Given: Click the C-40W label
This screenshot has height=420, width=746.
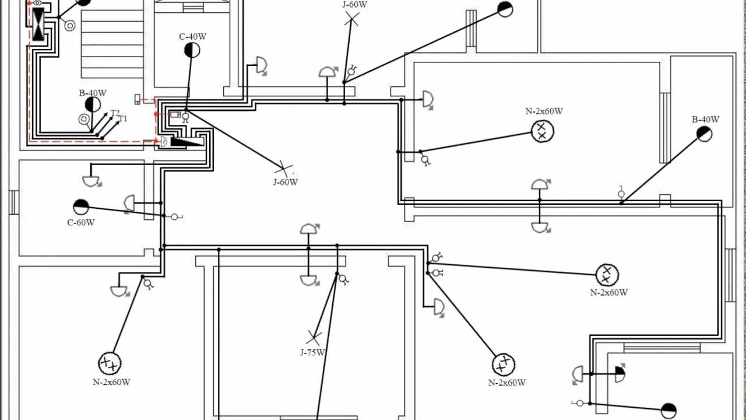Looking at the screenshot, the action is click(192, 36).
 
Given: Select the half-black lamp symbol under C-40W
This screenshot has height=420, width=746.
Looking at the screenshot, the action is click(192, 50).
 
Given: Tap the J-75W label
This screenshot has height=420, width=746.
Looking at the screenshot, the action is click(312, 352).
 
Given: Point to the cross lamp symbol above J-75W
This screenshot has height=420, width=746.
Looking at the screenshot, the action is click(314, 338).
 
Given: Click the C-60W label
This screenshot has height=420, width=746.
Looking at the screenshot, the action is click(80, 222).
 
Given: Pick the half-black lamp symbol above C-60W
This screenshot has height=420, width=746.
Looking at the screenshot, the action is click(81, 207).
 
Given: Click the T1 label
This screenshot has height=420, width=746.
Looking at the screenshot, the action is click(123, 118).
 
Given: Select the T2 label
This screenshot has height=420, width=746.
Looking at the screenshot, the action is click(115, 113).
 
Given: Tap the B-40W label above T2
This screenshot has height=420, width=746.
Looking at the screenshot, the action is click(93, 93).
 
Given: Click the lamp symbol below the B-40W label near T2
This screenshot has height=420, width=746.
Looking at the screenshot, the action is click(93, 104).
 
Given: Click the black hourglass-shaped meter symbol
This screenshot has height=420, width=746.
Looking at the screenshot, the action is click(38, 24).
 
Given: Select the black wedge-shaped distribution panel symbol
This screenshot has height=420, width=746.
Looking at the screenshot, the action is click(187, 142).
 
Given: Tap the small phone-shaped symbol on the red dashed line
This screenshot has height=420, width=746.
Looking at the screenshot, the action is click(137, 99).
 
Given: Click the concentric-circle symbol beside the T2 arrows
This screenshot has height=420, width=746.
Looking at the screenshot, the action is click(84, 119).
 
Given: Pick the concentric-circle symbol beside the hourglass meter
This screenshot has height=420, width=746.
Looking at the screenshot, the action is click(69, 26).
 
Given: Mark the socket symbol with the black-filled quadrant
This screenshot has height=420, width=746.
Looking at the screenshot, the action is click(620, 374).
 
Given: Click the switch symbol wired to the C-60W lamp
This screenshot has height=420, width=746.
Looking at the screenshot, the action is click(175, 217).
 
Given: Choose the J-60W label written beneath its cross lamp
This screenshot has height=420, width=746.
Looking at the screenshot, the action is click(286, 182).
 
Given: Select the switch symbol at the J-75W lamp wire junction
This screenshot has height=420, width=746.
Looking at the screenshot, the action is click(343, 279).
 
